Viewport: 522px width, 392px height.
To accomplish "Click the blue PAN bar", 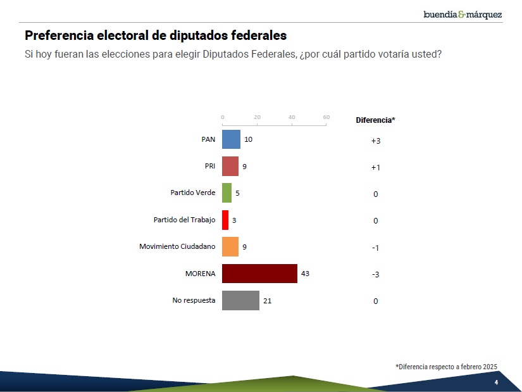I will [231, 139].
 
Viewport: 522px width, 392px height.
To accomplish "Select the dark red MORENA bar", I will [259, 274].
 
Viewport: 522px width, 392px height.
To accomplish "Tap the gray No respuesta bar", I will [240, 300].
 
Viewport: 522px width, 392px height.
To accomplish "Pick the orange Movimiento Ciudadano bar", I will [230, 246].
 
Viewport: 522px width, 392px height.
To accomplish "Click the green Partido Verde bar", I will [227, 193].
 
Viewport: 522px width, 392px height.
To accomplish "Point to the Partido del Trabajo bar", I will [225, 220].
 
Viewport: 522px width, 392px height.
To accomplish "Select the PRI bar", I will [230, 166].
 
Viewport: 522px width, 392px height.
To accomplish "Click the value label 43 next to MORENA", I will [305, 274].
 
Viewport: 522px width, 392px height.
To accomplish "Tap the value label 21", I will [267, 301].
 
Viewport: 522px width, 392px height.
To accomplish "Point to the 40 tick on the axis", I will [292, 117].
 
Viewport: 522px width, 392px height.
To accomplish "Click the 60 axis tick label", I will [326, 117].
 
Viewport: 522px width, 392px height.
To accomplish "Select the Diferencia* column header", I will [375, 120].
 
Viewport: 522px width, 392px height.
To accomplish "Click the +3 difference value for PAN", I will [376, 141].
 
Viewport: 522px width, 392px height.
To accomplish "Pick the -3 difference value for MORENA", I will [375, 275].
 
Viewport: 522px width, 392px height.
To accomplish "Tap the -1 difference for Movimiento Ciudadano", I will [375, 248].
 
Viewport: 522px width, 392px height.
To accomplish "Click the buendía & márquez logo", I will [463, 14].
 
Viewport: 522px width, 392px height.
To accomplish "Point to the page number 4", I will [496, 383].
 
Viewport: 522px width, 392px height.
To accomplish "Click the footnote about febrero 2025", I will [446, 367].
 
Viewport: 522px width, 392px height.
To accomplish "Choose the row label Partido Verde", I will [193, 193].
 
